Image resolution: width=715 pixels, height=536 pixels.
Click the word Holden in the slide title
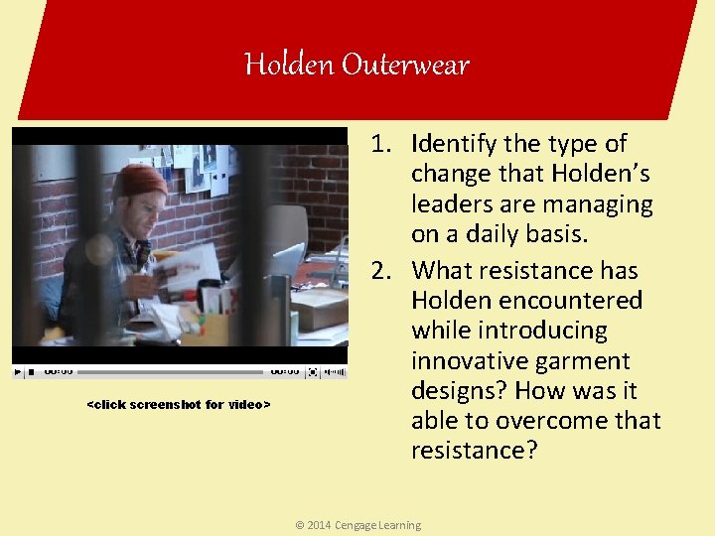coord(289,66)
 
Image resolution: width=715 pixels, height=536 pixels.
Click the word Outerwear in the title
coord(405,66)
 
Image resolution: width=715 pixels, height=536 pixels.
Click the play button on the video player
coord(18,372)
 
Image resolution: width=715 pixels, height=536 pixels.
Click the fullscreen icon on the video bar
coord(313,372)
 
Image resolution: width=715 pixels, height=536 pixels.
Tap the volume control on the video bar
coord(336,372)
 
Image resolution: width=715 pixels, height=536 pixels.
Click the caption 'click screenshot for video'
coord(179,405)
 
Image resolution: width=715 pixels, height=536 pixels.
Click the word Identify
coord(458,145)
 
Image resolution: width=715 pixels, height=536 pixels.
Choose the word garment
coord(587,360)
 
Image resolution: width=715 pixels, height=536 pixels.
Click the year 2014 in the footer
coord(319,525)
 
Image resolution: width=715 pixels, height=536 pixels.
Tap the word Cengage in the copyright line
coord(357,525)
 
